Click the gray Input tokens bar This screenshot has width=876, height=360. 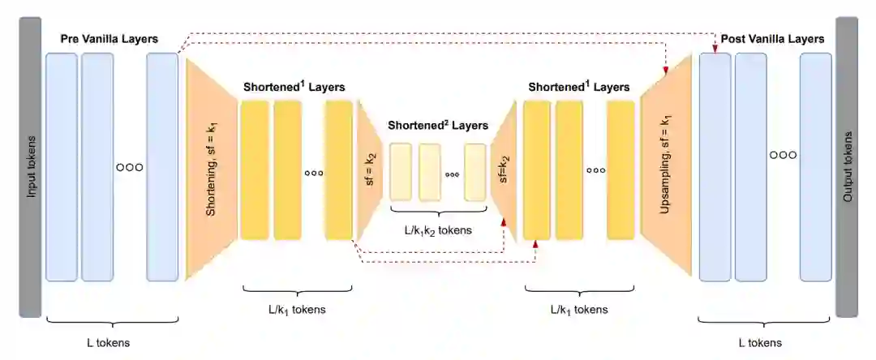click(x=30, y=166)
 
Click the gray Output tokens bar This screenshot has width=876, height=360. click(x=846, y=166)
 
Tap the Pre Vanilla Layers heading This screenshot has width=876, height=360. click(x=109, y=39)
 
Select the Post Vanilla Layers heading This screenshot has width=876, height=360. click(x=772, y=39)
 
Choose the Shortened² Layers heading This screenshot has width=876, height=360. click(x=438, y=126)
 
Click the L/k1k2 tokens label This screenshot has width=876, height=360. click(x=438, y=229)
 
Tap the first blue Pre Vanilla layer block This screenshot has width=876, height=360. click(x=62, y=167)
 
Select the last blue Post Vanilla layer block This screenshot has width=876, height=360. click(x=815, y=167)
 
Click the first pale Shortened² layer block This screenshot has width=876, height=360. click(x=401, y=172)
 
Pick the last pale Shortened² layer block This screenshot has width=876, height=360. click(x=474, y=172)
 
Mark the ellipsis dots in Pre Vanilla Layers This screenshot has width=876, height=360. click(x=130, y=168)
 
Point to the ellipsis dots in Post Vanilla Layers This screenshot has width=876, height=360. click(x=783, y=154)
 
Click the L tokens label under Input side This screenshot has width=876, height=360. click(x=109, y=343)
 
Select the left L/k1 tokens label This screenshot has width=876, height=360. click(x=297, y=309)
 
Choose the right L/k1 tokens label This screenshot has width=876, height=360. click(x=579, y=309)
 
